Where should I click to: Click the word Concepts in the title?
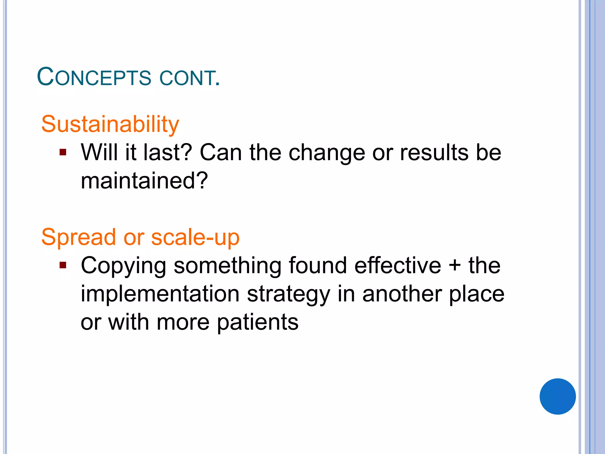[94, 77]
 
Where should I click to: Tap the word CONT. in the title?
[190, 78]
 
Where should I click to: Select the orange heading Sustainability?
[110, 124]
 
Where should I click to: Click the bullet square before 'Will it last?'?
[63, 153]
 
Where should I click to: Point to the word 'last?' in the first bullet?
[168, 153]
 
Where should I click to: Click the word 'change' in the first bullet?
[327, 153]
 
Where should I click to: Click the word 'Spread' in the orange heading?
[78, 237]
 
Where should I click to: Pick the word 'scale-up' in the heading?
[195, 237]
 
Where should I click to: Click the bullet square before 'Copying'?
[63, 265]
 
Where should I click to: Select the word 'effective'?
[398, 265]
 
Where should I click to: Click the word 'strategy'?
[288, 294]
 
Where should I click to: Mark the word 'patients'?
[258, 322]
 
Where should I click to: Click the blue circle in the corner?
[557, 396]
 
